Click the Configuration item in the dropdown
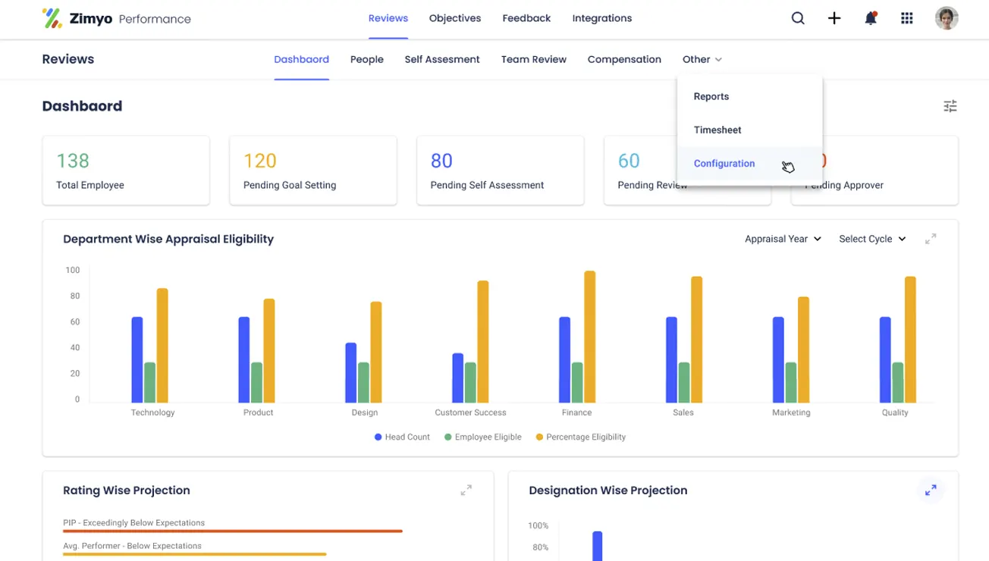(724, 163)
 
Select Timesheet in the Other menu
(717, 130)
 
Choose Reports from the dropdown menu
(711, 96)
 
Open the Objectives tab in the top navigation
(455, 18)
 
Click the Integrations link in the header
(601, 18)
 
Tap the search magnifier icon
(798, 18)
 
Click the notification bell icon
(871, 18)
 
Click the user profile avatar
(947, 18)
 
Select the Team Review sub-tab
(533, 59)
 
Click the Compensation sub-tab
(624, 59)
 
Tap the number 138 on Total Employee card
(73, 161)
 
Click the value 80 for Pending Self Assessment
(441, 161)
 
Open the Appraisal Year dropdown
(783, 239)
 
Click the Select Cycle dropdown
(872, 239)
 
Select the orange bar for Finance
(589, 337)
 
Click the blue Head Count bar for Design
(350, 372)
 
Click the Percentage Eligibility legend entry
(581, 437)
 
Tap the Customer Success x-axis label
(470, 412)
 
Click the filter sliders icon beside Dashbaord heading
(950, 106)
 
